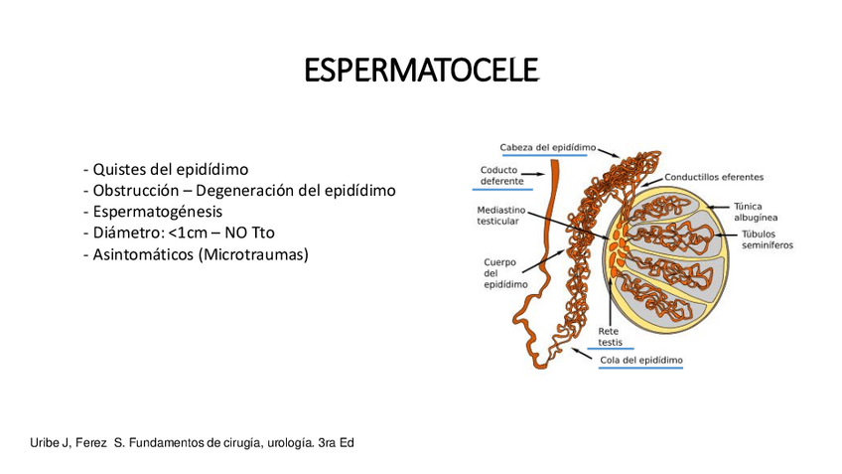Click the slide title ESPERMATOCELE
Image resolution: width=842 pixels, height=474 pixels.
point(421,72)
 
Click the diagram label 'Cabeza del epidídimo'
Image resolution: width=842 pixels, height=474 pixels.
point(548,147)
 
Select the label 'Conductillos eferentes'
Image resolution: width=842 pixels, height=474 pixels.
point(714,177)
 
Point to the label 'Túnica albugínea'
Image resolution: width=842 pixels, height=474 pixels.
point(755,211)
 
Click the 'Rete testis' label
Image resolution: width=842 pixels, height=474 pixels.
point(610,336)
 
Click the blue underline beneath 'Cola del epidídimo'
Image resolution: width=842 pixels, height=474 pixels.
point(641,369)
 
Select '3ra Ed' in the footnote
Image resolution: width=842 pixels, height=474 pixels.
point(337,442)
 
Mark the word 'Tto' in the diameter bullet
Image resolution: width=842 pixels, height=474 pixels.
point(262,234)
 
